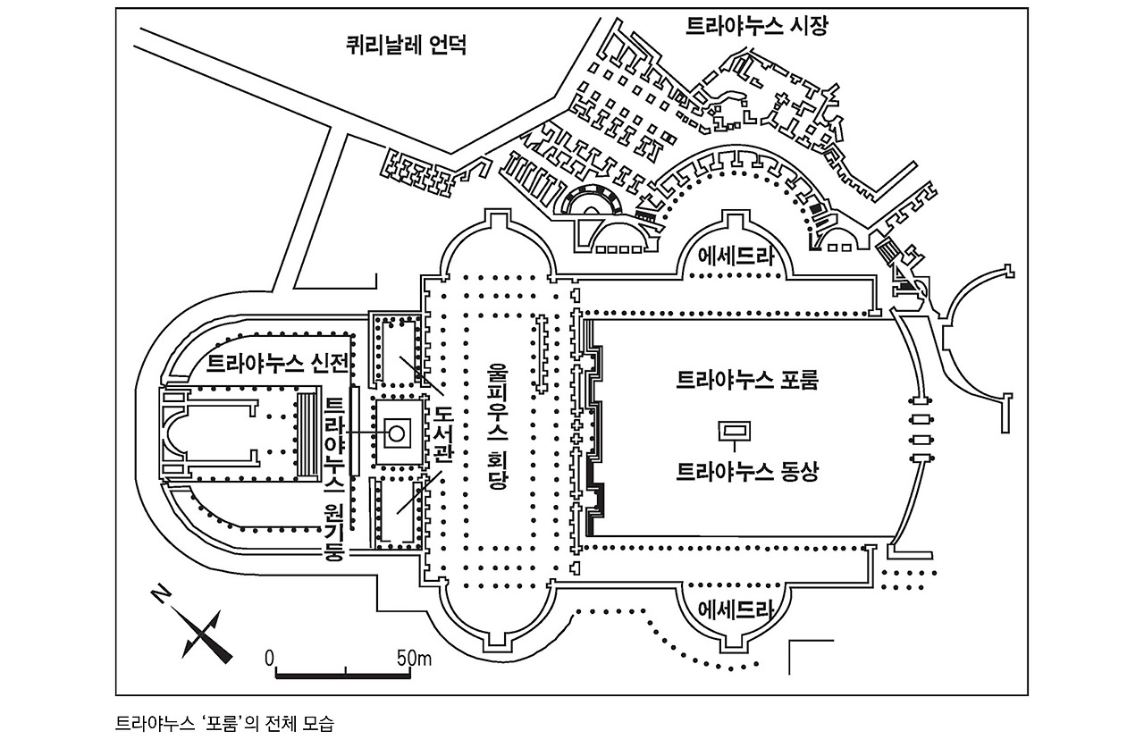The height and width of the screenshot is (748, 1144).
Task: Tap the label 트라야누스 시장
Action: (x=756, y=26)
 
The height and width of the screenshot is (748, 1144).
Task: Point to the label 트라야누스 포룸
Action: (x=748, y=380)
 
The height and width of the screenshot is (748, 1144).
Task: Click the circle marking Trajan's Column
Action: (x=396, y=433)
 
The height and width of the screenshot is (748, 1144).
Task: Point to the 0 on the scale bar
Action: (x=269, y=659)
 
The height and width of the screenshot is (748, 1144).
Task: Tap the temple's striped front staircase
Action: (x=307, y=433)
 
